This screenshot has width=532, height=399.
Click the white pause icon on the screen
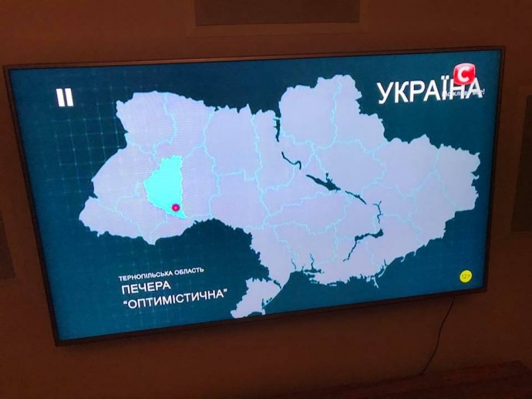pos(65,97)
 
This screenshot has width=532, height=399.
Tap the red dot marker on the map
pos(175,207)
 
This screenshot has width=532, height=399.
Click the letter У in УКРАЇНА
pos(385,95)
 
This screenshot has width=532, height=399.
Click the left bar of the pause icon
pos(60,97)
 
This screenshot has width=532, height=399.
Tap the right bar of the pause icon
pos(69,97)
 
